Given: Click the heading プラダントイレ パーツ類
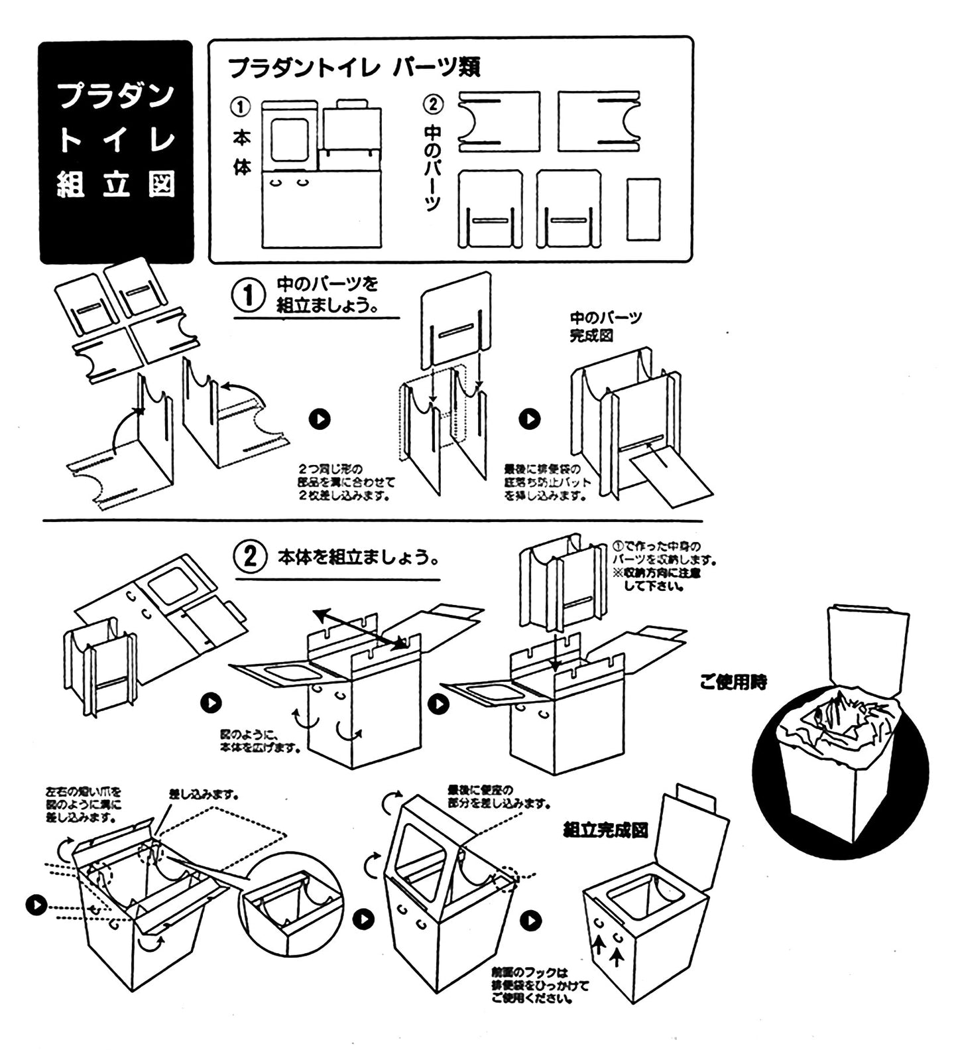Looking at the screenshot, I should (x=354, y=67).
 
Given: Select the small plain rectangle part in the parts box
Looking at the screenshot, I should (x=643, y=208).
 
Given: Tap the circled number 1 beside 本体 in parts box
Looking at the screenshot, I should (x=240, y=106).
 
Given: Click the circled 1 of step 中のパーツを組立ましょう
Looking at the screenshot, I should (x=249, y=295).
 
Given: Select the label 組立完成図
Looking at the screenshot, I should (x=605, y=830).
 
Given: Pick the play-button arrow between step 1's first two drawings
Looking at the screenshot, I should (x=320, y=419).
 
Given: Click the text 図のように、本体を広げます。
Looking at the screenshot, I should (x=261, y=742).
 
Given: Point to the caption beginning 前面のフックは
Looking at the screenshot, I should (x=538, y=986).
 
